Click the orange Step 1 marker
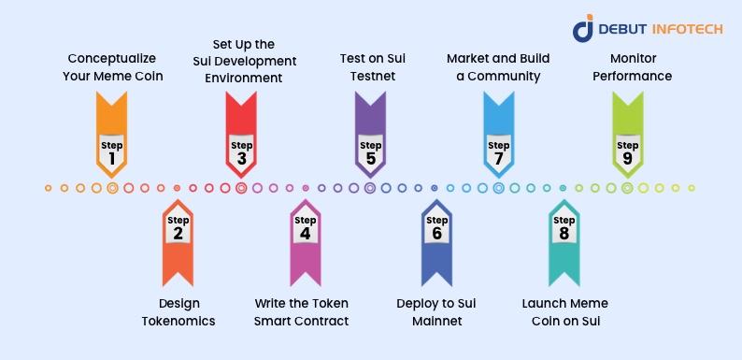(112, 135)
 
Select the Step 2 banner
(178, 242)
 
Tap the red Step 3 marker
(241, 135)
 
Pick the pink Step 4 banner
(306, 242)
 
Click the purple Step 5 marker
(370, 135)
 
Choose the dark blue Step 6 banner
(436, 242)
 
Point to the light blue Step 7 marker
(499, 135)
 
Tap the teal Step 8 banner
(564, 242)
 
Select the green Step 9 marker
(627, 135)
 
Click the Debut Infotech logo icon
(583, 27)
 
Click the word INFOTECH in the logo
(687, 29)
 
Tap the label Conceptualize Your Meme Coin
(113, 67)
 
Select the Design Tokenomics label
(178, 312)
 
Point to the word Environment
(244, 79)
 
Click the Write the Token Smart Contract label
(302, 312)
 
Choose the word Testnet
(373, 76)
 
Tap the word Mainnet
(436, 321)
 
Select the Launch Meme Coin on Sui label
(565, 312)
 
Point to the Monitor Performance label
(633, 67)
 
